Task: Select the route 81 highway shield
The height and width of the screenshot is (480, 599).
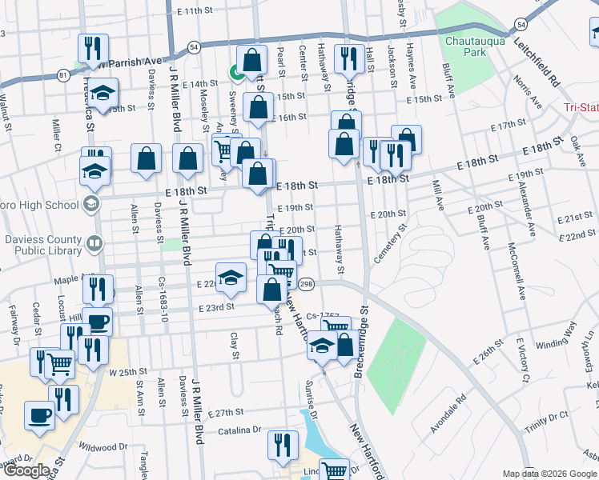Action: pos(63,76)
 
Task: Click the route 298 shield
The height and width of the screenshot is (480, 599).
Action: pos(305,284)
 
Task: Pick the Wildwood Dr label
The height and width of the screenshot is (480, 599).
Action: pos(103,447)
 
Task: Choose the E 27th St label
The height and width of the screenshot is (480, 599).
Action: pos(225,413)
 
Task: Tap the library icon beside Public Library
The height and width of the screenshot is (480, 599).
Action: pos(94,242)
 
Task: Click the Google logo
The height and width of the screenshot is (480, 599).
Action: pos(28,470)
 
